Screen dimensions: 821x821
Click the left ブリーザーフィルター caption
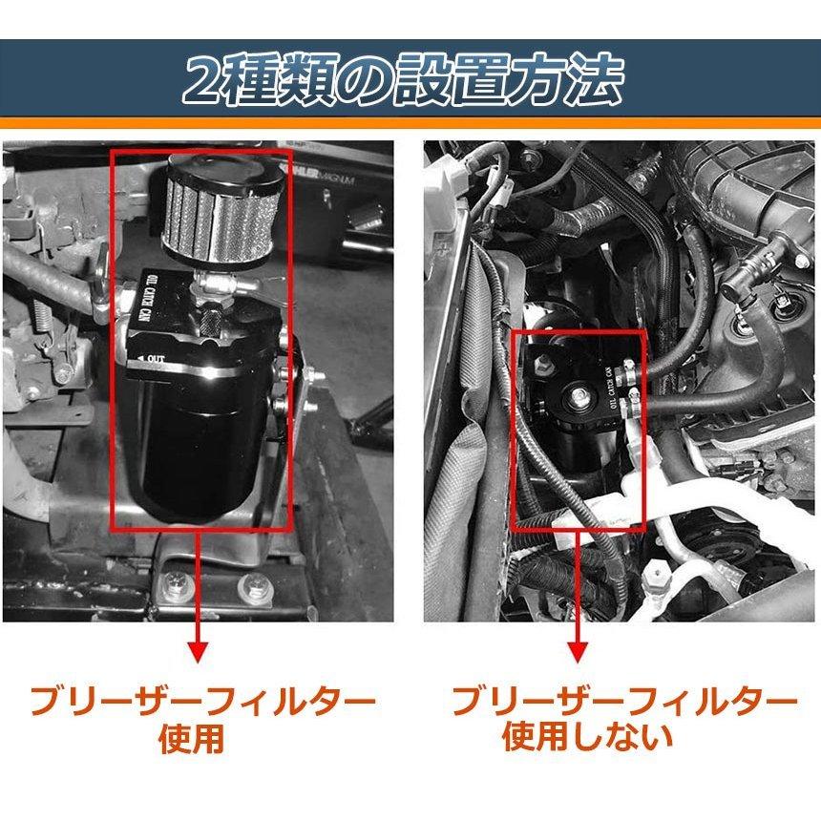click(200, 704)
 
